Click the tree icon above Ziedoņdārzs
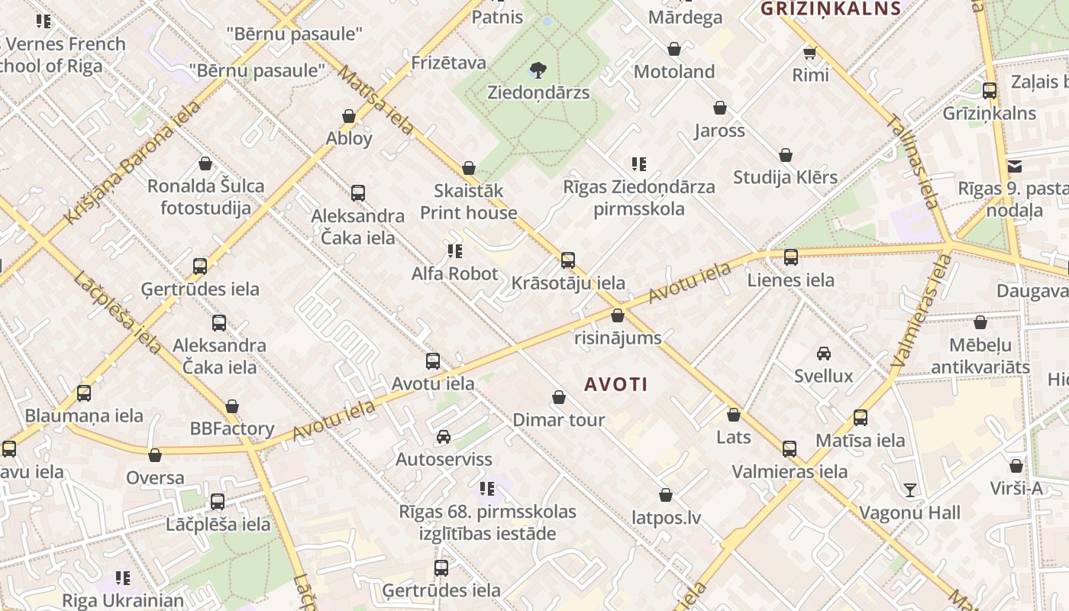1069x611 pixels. (x=538, y=70)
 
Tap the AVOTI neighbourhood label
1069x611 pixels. (x=616, y=384)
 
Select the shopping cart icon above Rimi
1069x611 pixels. (x=810, y=53)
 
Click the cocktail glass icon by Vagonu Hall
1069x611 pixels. (x=909, y=490)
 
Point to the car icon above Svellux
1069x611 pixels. (x=824, y=353)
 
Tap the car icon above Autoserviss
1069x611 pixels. (x=444, y=437)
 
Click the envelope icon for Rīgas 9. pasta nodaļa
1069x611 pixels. (x=1015, y=166)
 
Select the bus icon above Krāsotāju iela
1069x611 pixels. (x=568, y=260)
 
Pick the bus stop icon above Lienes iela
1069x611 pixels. (x=791, y=257)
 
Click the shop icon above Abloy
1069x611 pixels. (x=349, y=116)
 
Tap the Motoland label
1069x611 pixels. (x=674, y=72)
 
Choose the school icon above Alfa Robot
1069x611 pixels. (x=455, y=251)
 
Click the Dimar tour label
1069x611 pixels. (x=559, y=420)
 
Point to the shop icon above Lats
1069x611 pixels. (x=734, y=415)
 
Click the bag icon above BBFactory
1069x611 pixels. (x=232, y=406)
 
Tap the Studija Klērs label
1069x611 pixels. (x=785, y=177)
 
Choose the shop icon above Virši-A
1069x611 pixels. (x=1016, y=466)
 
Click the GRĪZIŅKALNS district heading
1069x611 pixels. (x=831, y=9)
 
